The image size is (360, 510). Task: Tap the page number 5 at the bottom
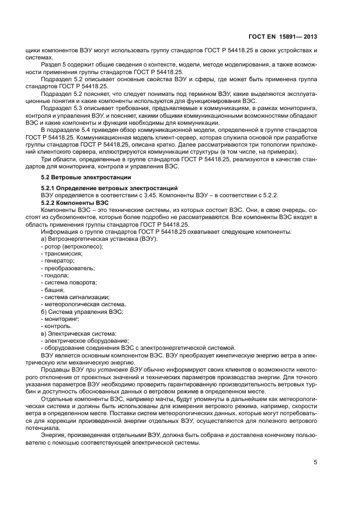coord(315,462)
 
